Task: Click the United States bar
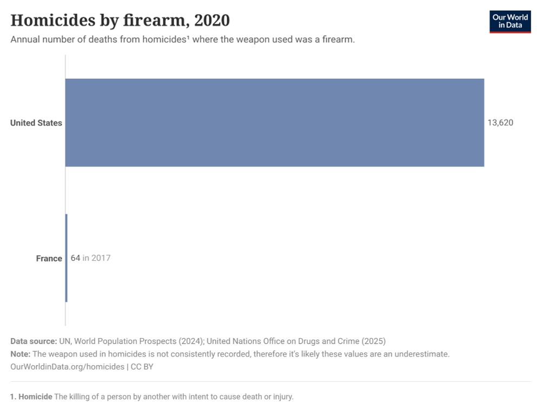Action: point(274,123)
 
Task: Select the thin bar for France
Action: point(66,258)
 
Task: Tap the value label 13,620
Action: point(500,123)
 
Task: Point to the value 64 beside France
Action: point(75,258)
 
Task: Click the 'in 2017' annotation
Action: point(96,258)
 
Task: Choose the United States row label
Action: point(36,123)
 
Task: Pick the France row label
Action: point(49,258)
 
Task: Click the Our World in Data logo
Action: point(510,22)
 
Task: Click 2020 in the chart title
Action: point(212,20)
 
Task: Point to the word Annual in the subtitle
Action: point(25,39)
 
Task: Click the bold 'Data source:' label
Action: point(34,341)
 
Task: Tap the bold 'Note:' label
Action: point(21,354)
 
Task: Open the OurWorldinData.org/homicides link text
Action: point(67,367)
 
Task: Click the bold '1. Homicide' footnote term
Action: point(31,396)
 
